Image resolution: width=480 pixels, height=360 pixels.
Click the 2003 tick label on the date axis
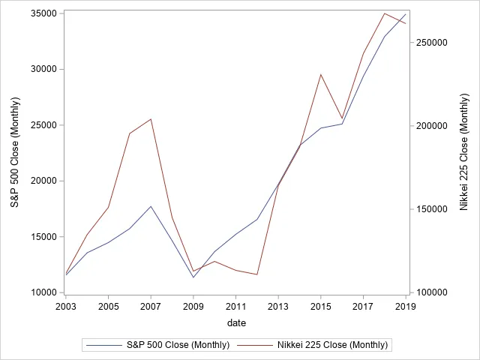tap(66, 307)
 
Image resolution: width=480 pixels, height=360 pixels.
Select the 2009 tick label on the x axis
tap(193, 307)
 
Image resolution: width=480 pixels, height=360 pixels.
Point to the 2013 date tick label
tap(278, 307)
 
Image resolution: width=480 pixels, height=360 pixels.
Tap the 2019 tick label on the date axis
tap(406, 307)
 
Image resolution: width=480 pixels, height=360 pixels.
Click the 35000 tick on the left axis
tap(45, 13)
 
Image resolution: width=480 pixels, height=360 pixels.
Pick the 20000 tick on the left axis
tap(45, 181)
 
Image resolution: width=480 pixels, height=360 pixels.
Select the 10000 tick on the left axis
tap(45, 292)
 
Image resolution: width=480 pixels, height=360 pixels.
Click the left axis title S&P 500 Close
tap(14, 153)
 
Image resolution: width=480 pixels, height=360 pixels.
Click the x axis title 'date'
tap(236, 322)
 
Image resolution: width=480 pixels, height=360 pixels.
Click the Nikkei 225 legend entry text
tap(332, 345)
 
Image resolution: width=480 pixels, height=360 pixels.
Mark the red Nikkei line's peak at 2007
tap(151, 119)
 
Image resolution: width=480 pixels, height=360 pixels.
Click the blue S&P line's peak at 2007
tap(151, 206)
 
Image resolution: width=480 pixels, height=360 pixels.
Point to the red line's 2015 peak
tap(321, 74)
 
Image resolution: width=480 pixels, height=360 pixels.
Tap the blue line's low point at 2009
tap(193, 277)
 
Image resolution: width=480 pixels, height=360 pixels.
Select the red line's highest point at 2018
tap(385, 13)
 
